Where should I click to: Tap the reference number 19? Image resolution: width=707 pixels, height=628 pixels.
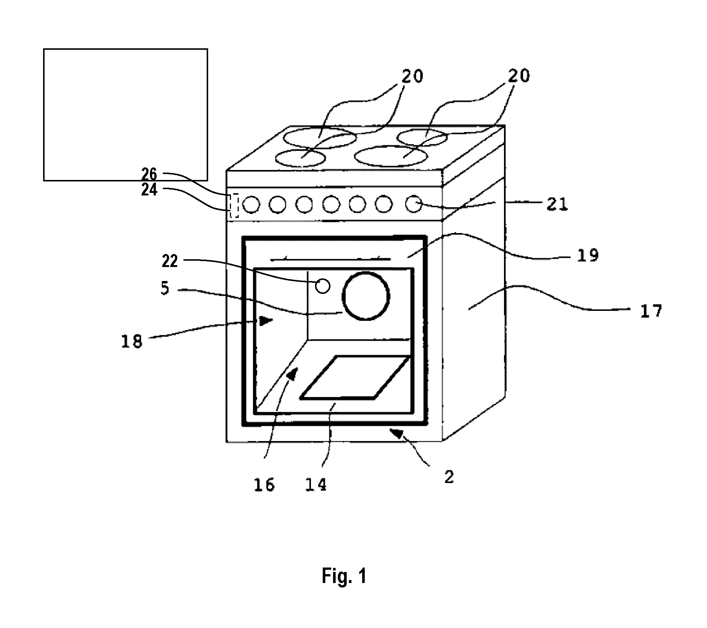point(588,255)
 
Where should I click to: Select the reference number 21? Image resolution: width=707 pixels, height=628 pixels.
point(557,204)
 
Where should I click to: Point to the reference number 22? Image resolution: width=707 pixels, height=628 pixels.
point(170,261)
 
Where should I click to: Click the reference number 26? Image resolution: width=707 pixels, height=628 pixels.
point(149,174)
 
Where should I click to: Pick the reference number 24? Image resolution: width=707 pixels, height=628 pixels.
point(149,190)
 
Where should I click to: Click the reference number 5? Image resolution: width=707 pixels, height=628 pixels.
point(165,288)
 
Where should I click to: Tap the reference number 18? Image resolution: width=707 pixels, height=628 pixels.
point(132,342)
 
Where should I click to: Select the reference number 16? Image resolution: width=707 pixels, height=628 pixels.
point(264,485)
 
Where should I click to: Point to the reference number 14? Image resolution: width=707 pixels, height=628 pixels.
point(316,485)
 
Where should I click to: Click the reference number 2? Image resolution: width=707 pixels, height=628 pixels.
point(449,478)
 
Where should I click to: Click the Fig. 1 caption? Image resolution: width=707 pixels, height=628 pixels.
point(344,576)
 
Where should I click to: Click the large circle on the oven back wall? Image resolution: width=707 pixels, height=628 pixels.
point(365,296)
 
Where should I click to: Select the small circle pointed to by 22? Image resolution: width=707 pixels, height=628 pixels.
point(323,286)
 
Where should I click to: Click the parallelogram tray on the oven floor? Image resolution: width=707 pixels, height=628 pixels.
point(355,377)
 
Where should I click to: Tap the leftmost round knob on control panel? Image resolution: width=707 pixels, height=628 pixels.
point(251,205)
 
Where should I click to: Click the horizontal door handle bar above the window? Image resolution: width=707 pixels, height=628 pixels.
point(330,260)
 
